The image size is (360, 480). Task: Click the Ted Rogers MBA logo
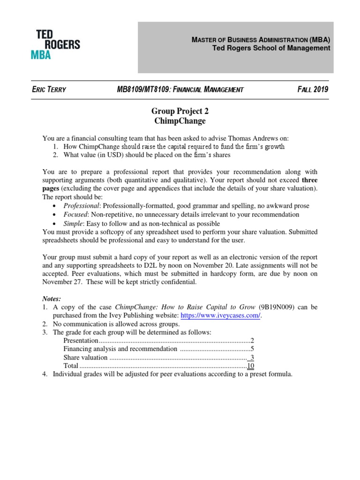(58, 44)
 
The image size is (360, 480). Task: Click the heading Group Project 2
(180, 111)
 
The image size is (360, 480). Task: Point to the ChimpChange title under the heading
(180, 121)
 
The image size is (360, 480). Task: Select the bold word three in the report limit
(309, 180)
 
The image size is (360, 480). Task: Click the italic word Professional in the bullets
(82, 206)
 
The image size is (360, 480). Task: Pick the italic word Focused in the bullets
(75, 214)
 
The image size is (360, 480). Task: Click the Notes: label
(52, 298)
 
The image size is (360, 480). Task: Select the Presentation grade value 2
(252, 340)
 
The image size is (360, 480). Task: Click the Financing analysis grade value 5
(252, 349)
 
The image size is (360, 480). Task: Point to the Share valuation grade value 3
(252, 357)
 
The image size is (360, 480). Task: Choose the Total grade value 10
(251, 366)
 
